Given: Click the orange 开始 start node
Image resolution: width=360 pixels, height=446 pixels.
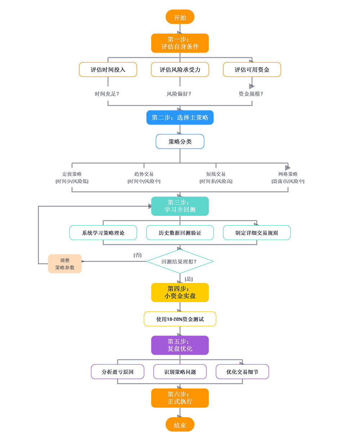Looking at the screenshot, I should click(180, 17).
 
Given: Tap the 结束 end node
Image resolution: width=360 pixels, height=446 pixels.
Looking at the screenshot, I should click(180, 425).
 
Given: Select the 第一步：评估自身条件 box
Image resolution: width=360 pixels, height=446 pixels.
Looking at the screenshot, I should click(180, 43).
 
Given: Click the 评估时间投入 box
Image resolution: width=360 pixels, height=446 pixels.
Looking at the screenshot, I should click(108, 70).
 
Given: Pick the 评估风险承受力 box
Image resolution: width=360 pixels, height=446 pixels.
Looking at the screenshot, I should click(180, 70).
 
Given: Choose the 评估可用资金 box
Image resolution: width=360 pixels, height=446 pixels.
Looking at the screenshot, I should click(252, 70).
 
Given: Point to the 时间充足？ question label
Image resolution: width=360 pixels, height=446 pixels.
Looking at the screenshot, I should click(107, 94).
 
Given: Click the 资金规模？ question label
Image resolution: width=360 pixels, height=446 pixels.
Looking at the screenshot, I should click(251, 94).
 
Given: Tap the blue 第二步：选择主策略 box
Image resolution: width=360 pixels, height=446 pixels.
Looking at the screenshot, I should click(180, 118).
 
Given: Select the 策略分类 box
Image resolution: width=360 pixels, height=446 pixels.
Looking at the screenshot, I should click(180, 142).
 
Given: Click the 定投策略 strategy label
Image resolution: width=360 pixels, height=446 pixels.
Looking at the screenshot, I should click(72, 174).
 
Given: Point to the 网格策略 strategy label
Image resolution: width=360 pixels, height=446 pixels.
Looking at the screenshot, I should click(288, 174).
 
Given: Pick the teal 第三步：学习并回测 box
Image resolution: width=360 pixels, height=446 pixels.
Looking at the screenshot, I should click(180, 206).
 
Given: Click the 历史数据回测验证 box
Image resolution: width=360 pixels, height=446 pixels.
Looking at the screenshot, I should click(180, 233).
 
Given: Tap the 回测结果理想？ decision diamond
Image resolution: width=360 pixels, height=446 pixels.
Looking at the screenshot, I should click(180, 261).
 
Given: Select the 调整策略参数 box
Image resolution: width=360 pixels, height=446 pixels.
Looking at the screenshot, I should click(65, 264).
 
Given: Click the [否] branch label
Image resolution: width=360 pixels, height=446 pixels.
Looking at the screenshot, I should click(138, 255).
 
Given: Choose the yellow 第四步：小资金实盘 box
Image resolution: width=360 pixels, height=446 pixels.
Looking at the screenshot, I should click(180, 292).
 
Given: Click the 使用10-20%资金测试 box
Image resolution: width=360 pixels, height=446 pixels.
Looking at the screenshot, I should click(180, 319).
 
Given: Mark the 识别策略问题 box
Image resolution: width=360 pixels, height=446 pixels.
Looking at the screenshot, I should click(180, 372).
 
